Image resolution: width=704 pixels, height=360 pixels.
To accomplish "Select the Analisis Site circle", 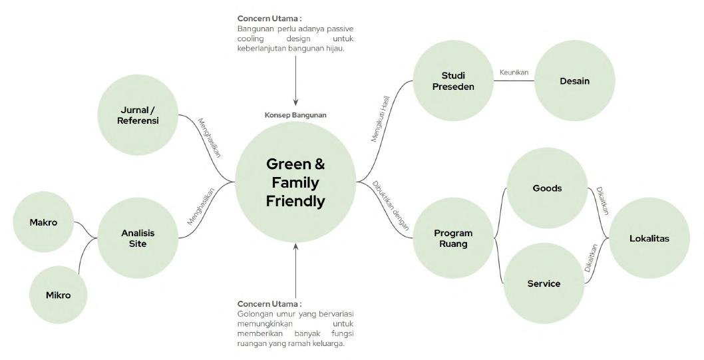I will (138, 238).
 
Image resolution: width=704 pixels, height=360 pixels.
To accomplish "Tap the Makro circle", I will (43, 222).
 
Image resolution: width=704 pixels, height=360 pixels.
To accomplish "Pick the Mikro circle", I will (59, 295).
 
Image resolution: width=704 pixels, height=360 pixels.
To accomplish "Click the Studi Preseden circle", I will (453, 81).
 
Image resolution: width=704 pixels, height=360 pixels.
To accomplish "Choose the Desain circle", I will (575, 81).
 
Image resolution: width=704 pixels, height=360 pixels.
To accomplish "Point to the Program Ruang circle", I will (453, 238).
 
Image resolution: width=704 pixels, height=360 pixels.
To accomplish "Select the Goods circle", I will (547, 188).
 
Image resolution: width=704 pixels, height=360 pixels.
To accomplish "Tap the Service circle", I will (544, 283).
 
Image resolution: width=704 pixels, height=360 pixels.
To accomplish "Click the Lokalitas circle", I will (649, 238).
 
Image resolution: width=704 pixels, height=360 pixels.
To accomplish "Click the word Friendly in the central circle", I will (295, 202).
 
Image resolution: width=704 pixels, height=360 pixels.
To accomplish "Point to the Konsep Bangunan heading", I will (295, 115).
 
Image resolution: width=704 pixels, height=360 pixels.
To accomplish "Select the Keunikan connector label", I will (513, 72).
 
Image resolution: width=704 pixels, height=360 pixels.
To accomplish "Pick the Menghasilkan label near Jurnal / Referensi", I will (209, 137).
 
